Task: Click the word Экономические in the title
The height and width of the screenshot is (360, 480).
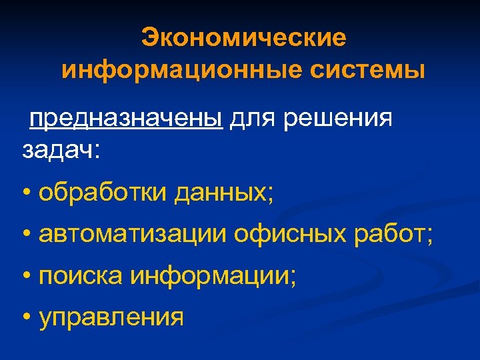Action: pos(243,37)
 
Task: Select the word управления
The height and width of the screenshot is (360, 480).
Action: pos(111,317)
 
